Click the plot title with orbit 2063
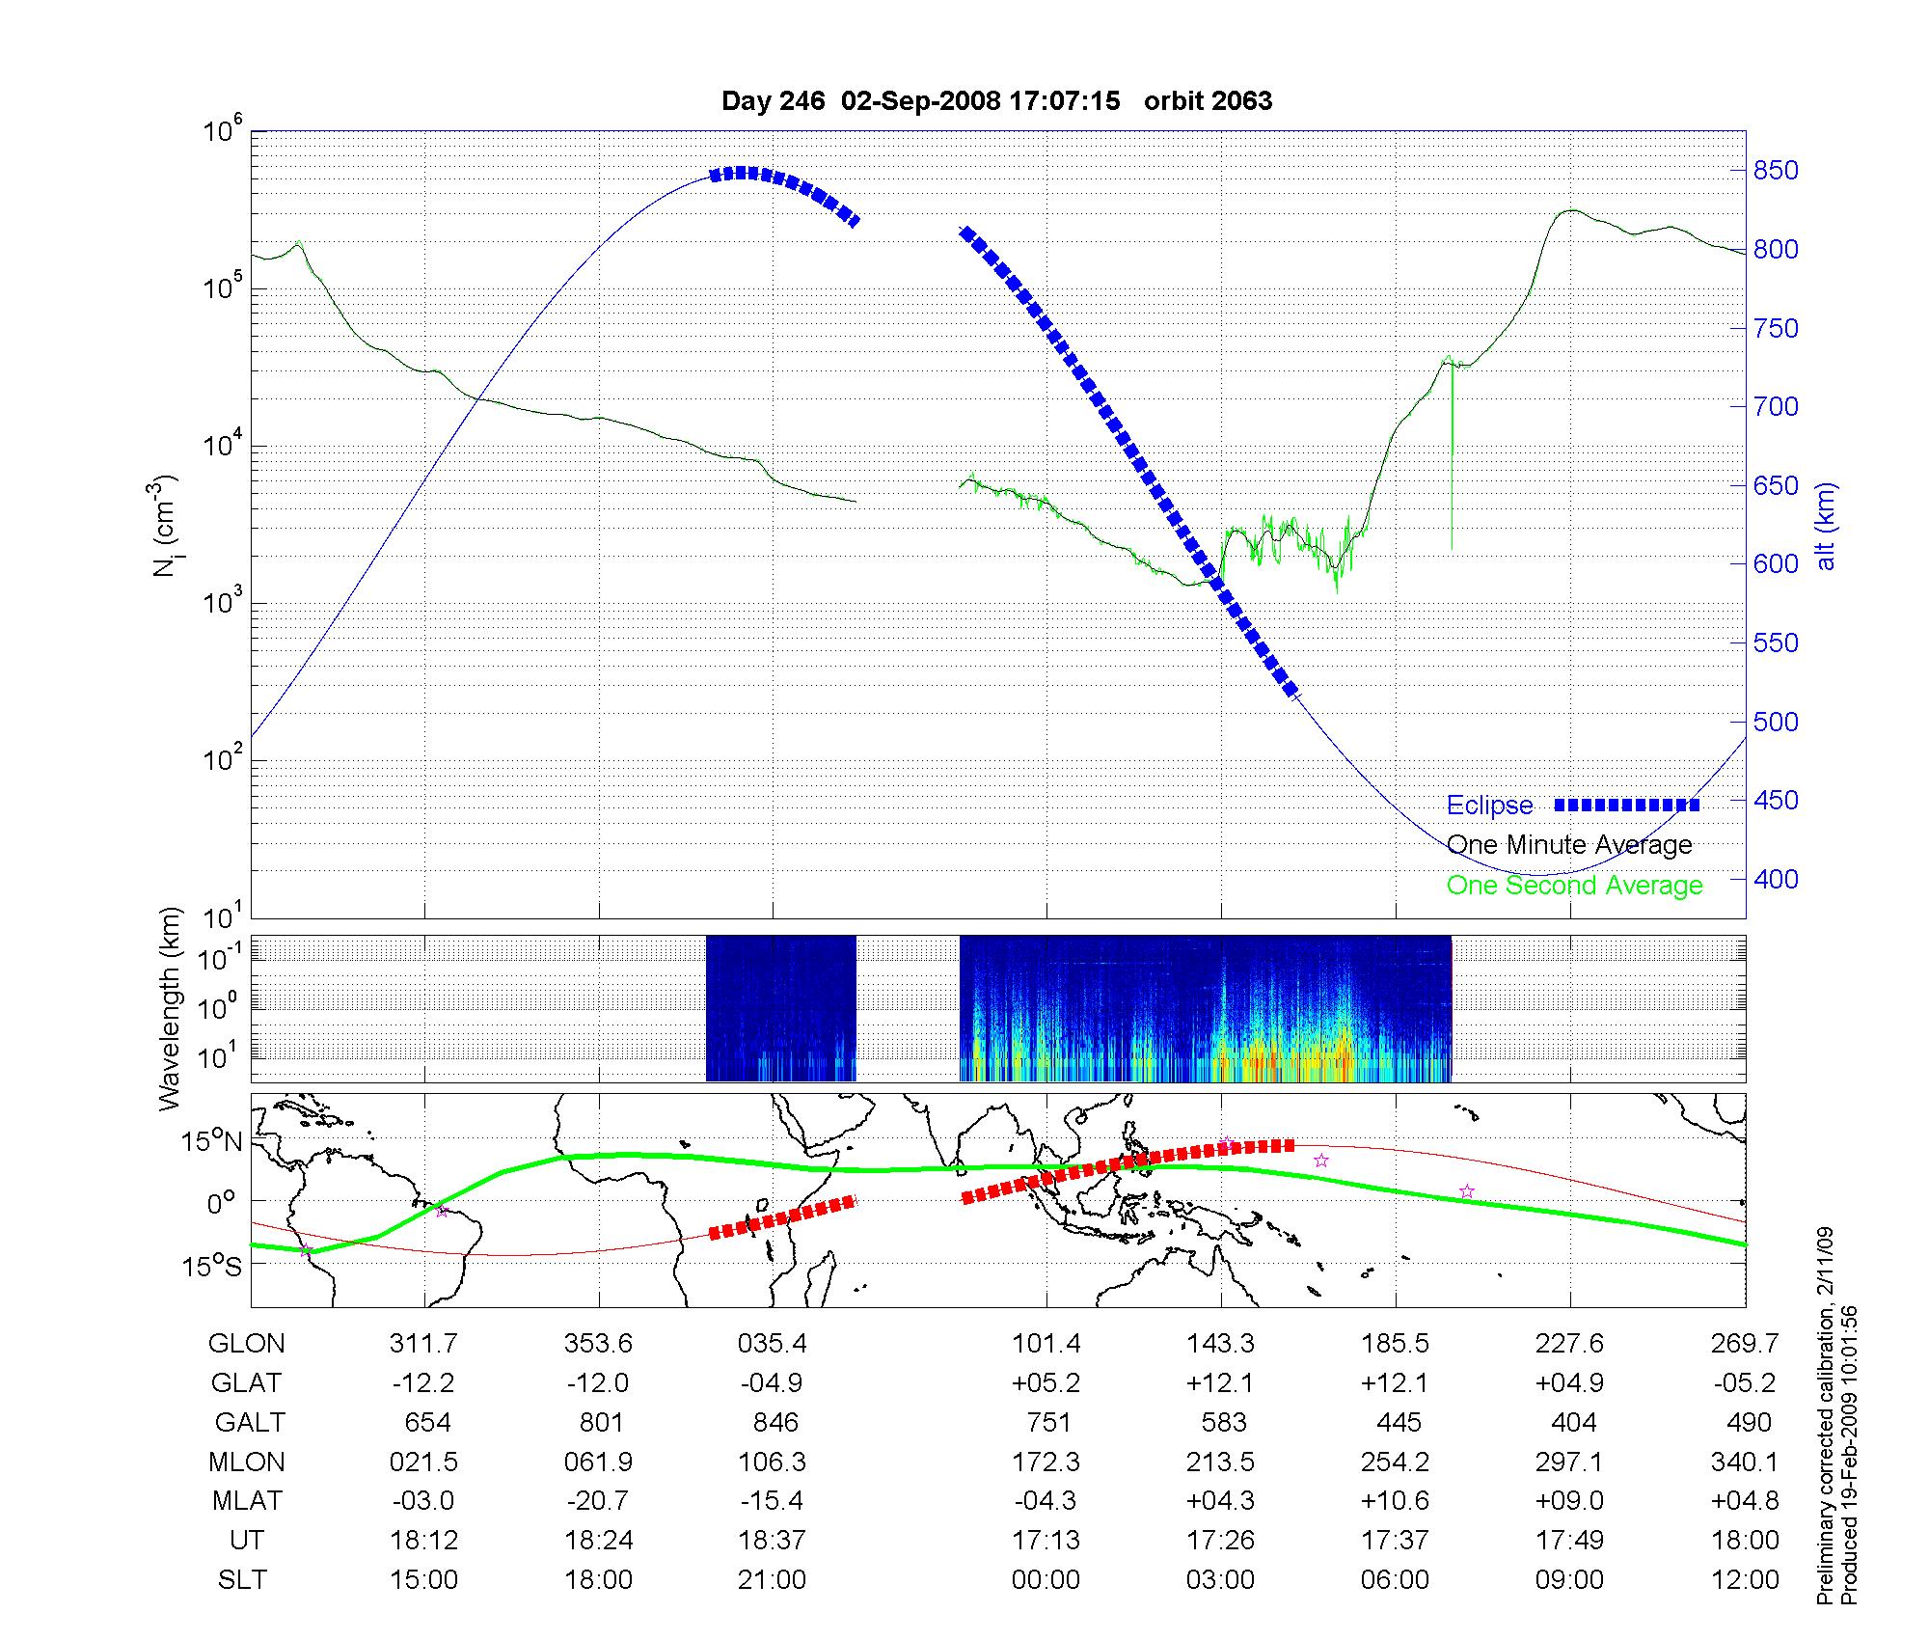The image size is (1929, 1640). click(x=996, y=100)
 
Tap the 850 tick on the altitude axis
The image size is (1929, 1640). click(x=1775, y=171)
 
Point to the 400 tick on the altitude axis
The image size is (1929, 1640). click(x=1775, y=879)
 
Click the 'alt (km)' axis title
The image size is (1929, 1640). click(x=1825, y=527)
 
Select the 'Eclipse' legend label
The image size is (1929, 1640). click(x=1489, y=806)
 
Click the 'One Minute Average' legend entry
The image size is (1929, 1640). click(x=1569, y=845)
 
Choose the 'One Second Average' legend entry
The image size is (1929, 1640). click(x=1574, y=886)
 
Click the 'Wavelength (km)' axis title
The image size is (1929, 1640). click(x=170, y=1009)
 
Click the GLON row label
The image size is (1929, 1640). click(x=246, y=1344)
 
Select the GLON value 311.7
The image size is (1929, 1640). click(x=423, y=1344)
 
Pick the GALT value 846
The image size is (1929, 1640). click(x=774, y=1423)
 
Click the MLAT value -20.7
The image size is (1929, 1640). click(x=598, y=1501)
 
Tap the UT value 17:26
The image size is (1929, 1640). click(x=1220, y=1541)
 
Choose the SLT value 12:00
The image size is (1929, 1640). click(x=1746, y=1580)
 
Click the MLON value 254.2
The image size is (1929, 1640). click(x=1395, y=1462)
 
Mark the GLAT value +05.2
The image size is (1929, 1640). click(x=1046, y=1383)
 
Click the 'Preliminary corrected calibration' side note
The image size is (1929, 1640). click(x=1825, y=1416)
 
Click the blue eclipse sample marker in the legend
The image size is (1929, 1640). click(x=1626, y=806)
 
